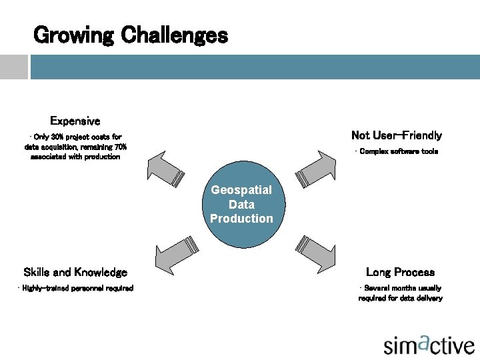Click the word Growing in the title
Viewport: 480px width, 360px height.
pos(74,35)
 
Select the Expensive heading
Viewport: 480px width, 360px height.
pos(75,121)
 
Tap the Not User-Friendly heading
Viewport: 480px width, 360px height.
pos(396,135)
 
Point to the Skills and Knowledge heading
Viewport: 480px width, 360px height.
pos(75,272)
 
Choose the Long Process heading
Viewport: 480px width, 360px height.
pos(400,272)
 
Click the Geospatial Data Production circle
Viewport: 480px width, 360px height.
pos(241,204)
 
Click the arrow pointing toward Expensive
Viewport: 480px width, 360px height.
pos(167,167)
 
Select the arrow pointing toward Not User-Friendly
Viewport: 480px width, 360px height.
pos(316,167)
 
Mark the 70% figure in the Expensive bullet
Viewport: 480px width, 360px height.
pos(121,147)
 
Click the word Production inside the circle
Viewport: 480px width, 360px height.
pos(241,219)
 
